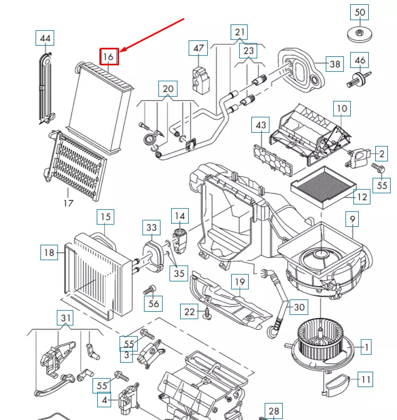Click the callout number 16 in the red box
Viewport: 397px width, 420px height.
click(109, 56)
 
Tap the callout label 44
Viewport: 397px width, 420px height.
click(45, 38)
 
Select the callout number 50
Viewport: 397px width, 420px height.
click(360, 12)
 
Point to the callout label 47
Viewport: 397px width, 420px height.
click(199, 48)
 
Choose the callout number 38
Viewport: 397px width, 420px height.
click(335, 64)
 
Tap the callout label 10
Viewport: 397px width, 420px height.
click(342, 109)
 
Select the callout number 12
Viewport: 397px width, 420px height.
click(362, 197)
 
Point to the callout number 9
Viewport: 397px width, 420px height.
click(352, 218)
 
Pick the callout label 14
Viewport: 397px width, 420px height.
click(180, 216)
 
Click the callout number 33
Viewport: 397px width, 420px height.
click(152, 228)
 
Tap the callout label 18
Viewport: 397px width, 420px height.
click(49, 253)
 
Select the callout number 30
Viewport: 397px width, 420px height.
click(300, 306)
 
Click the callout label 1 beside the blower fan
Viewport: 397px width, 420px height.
click(365, 348)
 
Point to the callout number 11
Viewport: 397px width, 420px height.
click(365, 380)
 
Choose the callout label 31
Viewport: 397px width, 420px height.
click(66, 319)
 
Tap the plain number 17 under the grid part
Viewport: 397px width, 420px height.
click(68, 202)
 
